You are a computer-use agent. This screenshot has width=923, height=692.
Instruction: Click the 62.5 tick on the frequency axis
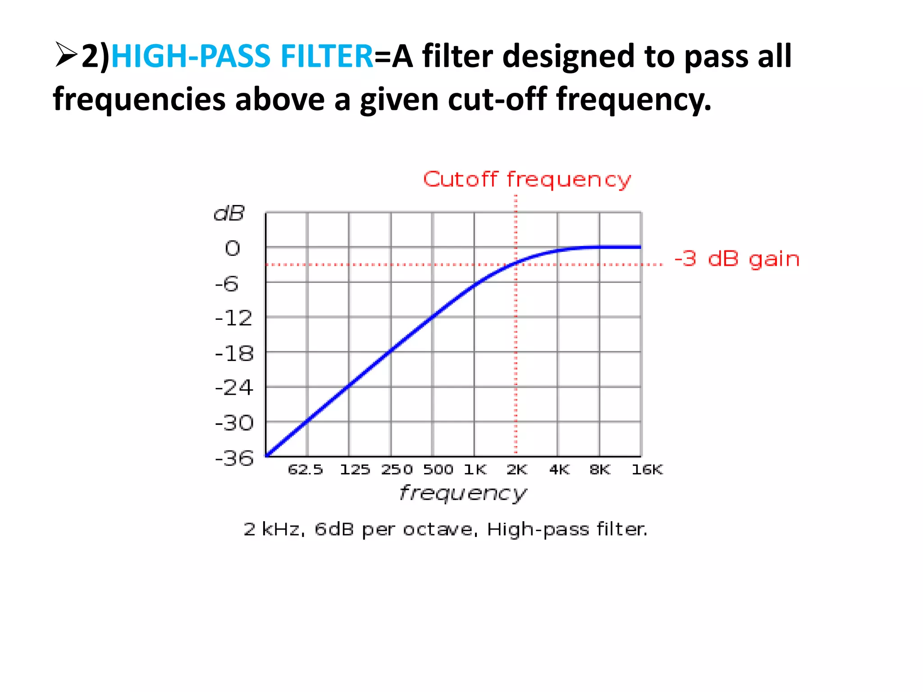[x=306, y=470]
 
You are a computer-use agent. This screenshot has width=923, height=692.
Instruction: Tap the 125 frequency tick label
[x=355, y=470]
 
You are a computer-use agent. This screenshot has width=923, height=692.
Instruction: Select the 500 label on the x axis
[x=438, y=470]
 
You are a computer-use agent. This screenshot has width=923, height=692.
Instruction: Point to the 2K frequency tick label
[x=516, y=470]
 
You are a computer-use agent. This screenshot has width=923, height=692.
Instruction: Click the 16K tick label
[x=647, y=470]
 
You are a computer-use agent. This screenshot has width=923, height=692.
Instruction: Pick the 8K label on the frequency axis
[x=600, y=470]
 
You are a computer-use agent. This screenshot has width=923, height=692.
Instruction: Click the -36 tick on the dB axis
[x=234, y=459]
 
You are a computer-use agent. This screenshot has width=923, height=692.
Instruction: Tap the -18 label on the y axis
[x=234, y=354]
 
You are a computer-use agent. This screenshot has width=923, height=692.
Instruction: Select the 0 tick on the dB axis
[x=233, y=249]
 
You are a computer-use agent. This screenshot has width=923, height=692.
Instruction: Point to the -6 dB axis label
[x=227, y=284]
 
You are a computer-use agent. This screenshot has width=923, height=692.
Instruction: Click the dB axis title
[x=229, y=213]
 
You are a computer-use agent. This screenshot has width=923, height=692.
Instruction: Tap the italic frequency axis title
[x=463, y=493]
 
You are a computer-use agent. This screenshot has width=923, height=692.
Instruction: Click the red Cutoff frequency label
[x=527, y=180]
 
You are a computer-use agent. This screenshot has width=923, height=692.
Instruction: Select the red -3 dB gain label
[x=737, y=259]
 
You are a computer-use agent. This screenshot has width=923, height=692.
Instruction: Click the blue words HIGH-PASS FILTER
[x=242, y=56]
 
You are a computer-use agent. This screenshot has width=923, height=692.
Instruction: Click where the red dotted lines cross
[x=516, y=264]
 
